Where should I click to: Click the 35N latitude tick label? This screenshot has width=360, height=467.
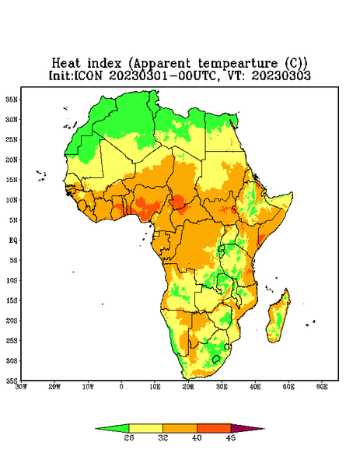[x=12, y=99]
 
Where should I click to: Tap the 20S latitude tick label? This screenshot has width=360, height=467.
[x=12, y=321]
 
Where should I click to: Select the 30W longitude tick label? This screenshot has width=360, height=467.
[x=21, y=387]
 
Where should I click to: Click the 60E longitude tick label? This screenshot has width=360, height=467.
[x=322, y=387]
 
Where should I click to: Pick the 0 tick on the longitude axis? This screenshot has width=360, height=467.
[x=121, y=387]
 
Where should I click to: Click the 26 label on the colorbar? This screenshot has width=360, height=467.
[x=129, y=437]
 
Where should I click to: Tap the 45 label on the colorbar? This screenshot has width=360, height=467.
[x=231, y=437]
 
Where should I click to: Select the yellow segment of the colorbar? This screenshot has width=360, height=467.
[x=145, y=428]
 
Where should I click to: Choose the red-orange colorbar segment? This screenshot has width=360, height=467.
[x=214, y=428]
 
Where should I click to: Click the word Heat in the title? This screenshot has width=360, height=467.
[x=66, y=64]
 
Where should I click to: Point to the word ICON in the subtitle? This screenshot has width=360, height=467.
[x=89, y=75]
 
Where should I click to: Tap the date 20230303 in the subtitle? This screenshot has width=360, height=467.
[x=281, y=75]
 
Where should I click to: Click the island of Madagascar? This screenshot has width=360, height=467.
[x=279, y=316]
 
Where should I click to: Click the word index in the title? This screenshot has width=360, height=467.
[x=104, y=64]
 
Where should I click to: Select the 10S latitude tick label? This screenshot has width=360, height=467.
[x=12, y=280]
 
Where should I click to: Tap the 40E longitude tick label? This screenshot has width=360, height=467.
[x=255, y=387]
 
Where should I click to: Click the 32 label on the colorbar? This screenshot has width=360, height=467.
[x=163, y=437]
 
